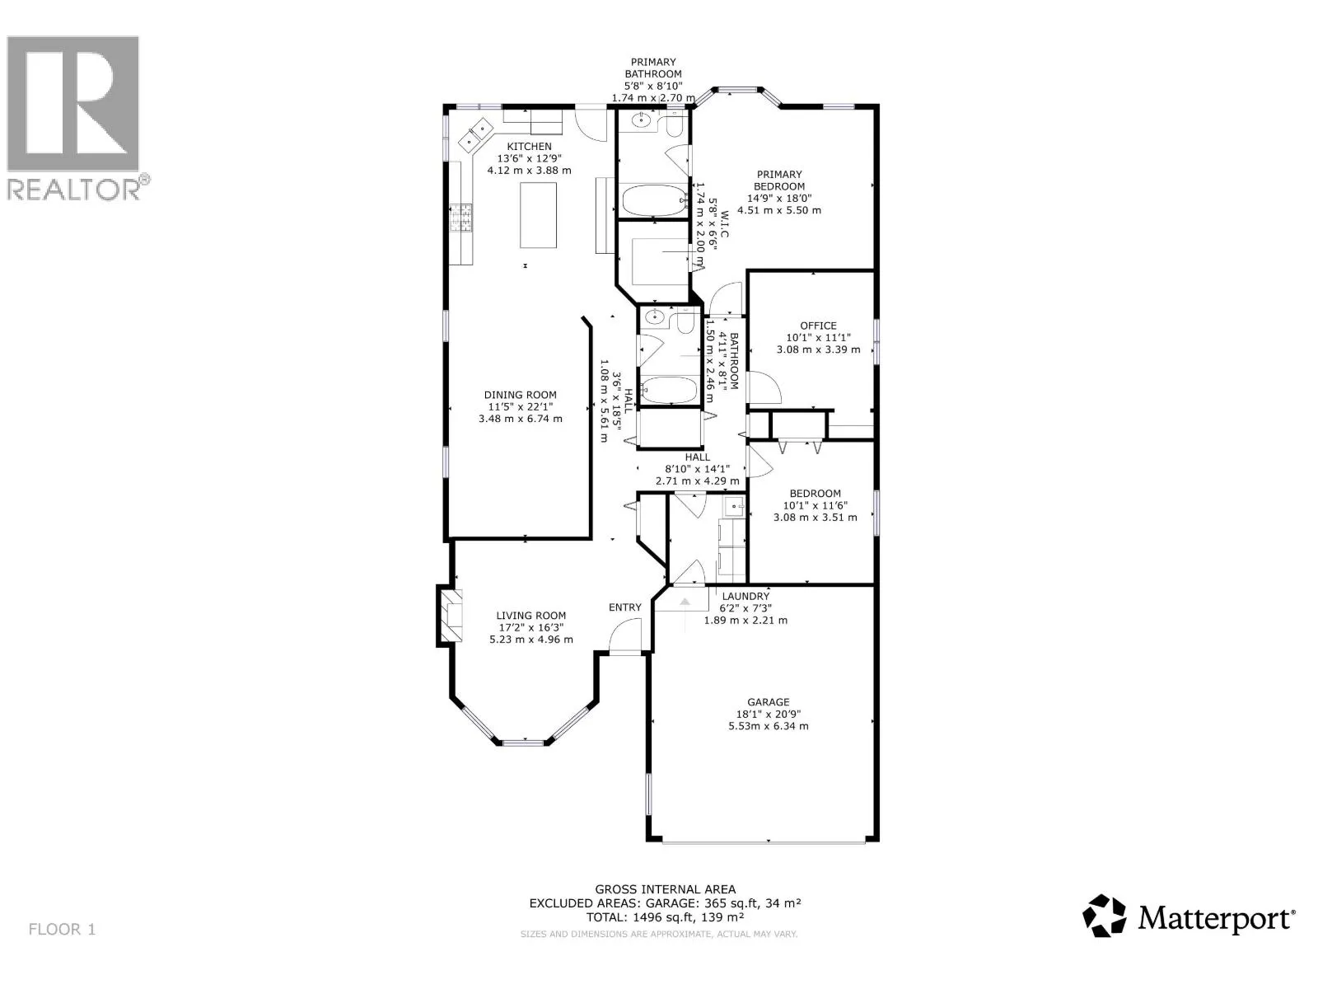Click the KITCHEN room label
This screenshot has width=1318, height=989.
click(x=528, y=147)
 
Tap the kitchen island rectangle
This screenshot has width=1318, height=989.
click(x=538, y=215)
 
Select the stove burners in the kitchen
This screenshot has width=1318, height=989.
click(x=462, y=218)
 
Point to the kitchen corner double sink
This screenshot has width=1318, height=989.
click(x=475, y=136)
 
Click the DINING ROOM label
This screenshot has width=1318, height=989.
click(x=520, y=395)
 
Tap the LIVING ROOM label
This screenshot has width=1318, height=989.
click(x=530, y=616)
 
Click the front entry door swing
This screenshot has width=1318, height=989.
click(x=625, y=636)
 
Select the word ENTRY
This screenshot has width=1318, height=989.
click(x=625, y=607)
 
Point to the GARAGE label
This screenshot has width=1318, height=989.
click(x=768, y=702)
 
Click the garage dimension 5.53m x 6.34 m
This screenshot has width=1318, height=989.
click(x=768, y=726)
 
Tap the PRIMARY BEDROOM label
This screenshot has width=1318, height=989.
click(x=779, y=180)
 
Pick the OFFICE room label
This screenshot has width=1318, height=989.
click(x=818, y=326)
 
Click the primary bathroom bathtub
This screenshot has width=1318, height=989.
click(x=654, y=200)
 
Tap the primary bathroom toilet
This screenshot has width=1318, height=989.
click(x=674, y=124)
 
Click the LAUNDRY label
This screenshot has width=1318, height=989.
click(x=745, y=596)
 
